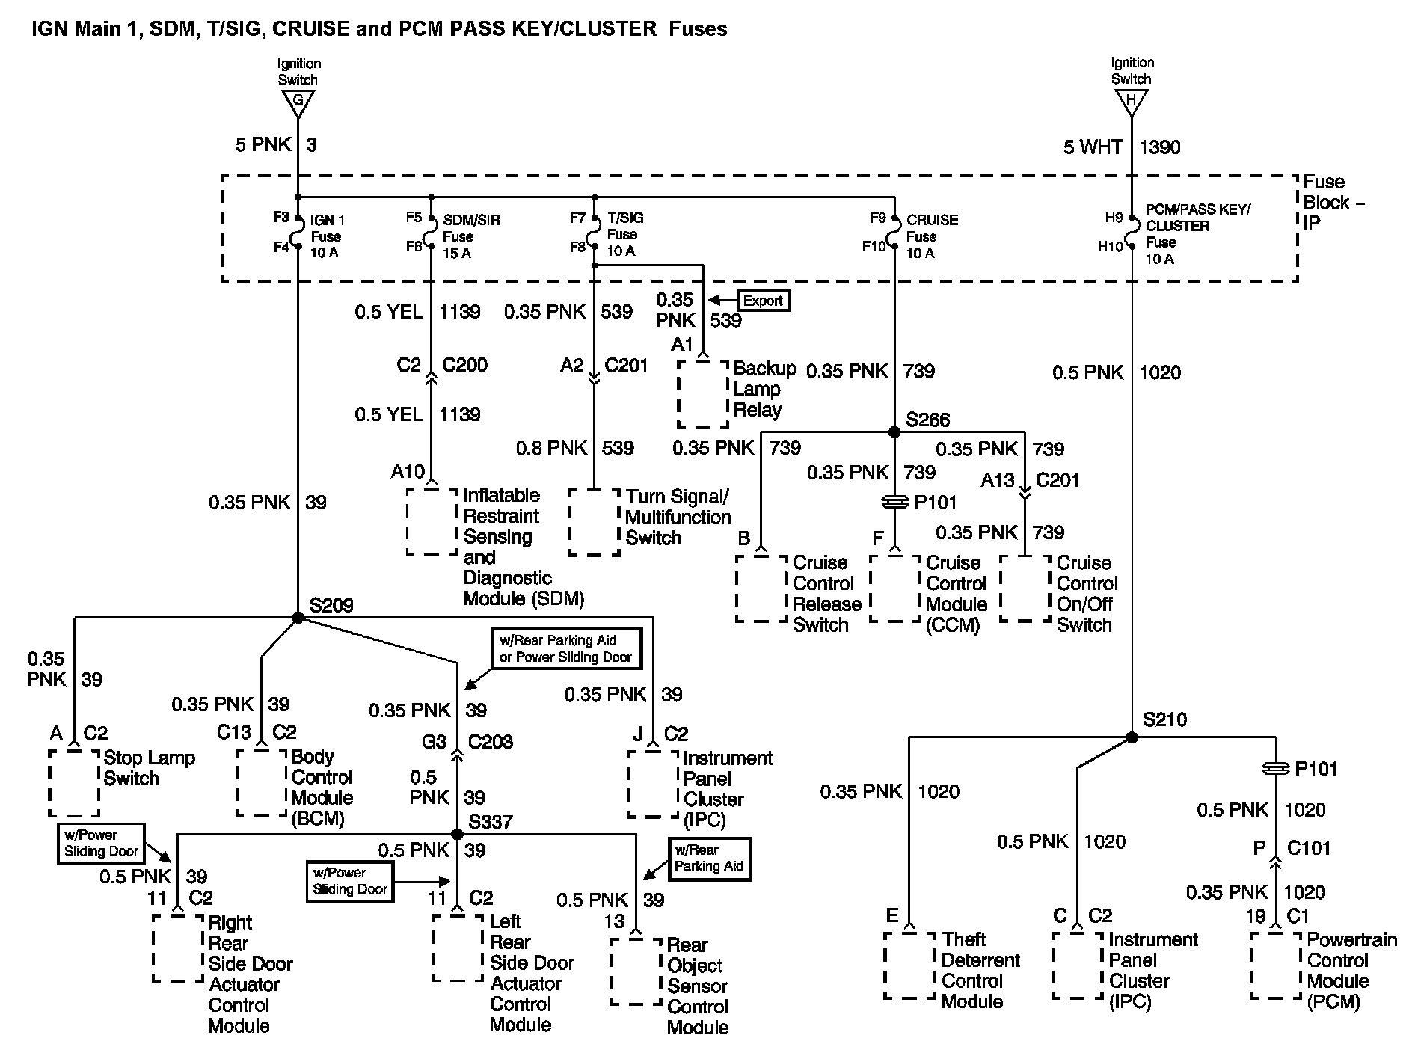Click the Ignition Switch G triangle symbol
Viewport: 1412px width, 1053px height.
(x=298, y=102)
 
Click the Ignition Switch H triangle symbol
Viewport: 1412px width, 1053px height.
(x=1131, y=102)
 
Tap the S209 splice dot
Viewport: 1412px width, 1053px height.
(x=298, y=618)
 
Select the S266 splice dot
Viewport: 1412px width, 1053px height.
(x=894, y=432)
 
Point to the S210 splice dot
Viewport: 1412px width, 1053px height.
(x=1132, y=737)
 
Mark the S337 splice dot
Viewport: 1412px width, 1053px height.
(x=458, y=834)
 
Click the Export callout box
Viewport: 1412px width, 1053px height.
(x=763, y=301)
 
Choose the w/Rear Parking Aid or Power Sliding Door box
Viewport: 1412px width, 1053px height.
(x=565, y=648)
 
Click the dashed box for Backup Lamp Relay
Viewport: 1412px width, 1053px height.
(x=703, y=394)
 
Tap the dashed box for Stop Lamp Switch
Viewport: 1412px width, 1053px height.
(x=74, y=782)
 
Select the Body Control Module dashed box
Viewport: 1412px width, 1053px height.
(x=261, y=782)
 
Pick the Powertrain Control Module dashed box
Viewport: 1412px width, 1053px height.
(x=1275, y=965)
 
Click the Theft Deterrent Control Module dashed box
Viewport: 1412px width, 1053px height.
(x=909, y=965)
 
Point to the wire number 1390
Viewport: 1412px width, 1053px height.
(x=1159, y=147)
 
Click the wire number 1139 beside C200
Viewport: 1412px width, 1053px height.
(x=459, y=312)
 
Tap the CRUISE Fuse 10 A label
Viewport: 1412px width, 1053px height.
(x=931, y=236)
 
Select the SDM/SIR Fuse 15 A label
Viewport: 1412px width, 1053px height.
(x=470, y=236)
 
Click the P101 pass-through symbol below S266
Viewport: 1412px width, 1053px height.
(x=894, y=503)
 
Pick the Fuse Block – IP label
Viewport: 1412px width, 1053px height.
(x=1332, y=202)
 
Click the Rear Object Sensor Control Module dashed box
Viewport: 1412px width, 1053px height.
(x=636, y=972)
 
